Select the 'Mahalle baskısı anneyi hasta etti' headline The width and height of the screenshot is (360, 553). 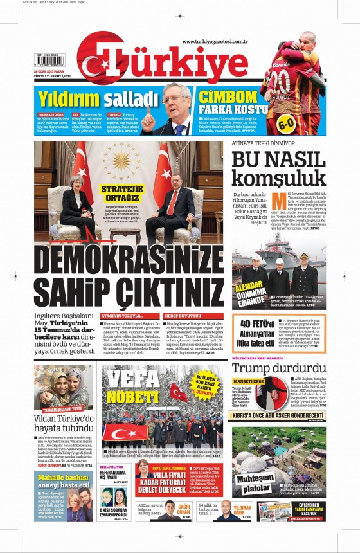(62, 481)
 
